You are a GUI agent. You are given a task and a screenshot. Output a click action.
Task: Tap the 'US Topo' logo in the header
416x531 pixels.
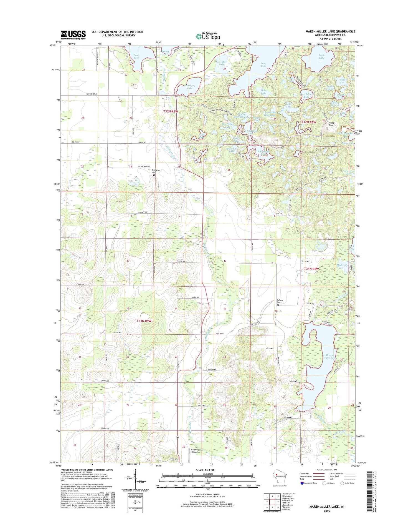point(208,36)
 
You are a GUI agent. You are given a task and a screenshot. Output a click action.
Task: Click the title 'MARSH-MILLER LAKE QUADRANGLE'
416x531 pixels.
point(330,31)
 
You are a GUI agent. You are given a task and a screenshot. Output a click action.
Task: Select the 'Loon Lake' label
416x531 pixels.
point(136,56)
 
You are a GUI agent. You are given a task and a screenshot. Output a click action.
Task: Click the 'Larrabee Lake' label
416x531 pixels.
point(221,63)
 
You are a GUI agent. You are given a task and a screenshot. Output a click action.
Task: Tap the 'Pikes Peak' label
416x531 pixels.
point(331,124)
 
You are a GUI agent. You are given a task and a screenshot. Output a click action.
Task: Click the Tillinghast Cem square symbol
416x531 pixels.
point(154,175)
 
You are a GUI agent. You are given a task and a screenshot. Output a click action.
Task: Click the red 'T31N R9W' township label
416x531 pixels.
point(144,321)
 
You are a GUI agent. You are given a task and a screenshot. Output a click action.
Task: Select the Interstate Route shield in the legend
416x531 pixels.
point(302,483)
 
